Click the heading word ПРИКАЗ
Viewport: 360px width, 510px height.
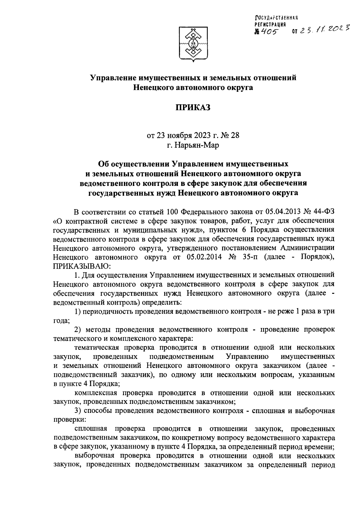193,107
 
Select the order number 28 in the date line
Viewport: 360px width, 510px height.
235,135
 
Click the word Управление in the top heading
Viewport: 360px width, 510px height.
113,78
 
